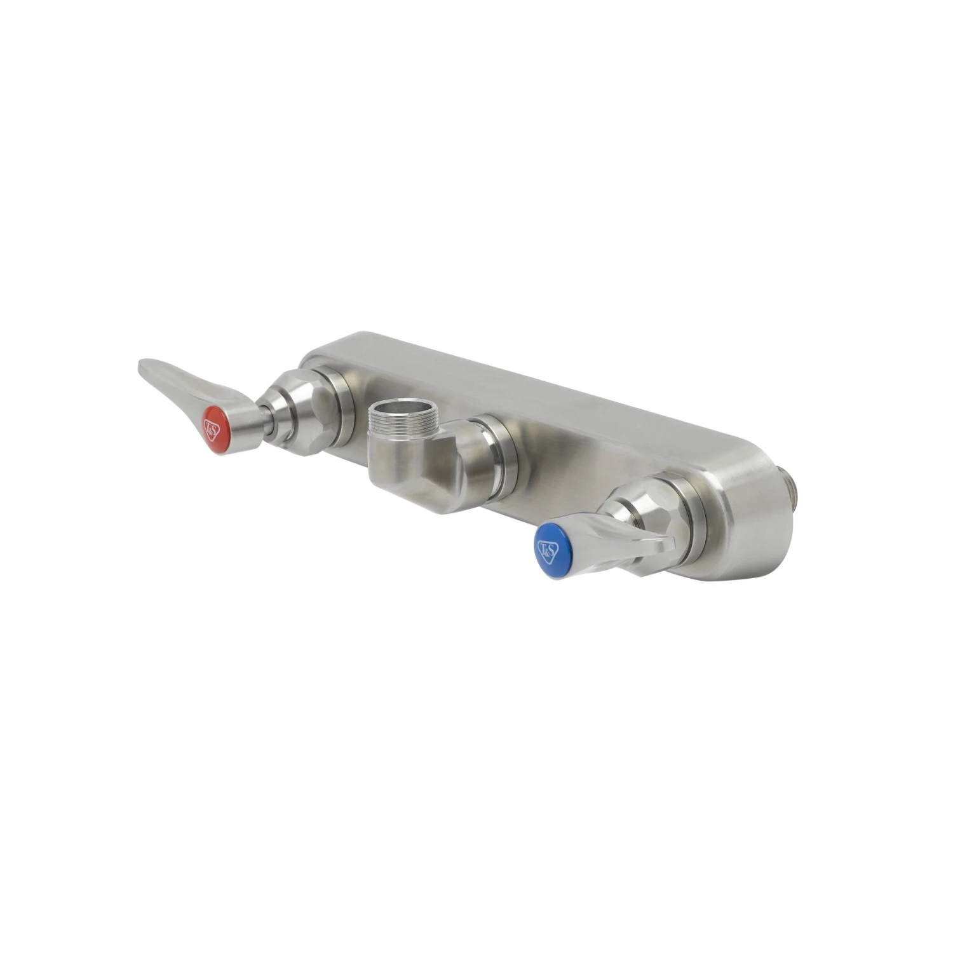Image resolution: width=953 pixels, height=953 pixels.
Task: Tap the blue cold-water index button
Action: click(548, 551)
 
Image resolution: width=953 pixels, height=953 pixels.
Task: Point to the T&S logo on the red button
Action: click(212, 426)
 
